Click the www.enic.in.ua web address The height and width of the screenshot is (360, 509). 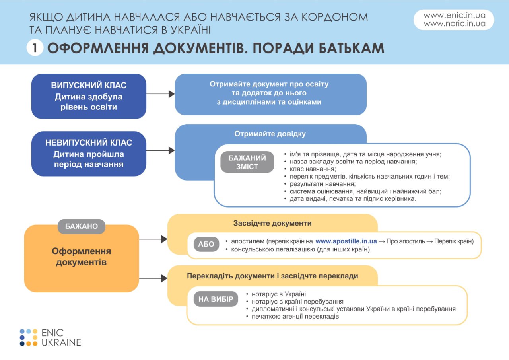tap(455, 15)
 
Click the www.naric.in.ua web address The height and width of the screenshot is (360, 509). tap(455, 23)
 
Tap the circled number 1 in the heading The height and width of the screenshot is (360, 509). tap(35, 48)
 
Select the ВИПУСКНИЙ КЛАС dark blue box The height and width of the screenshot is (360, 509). tap(89, 96)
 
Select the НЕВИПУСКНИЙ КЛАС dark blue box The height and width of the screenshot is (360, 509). tap(89, 154)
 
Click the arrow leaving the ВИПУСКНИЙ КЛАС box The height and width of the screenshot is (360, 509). tap(160, 94)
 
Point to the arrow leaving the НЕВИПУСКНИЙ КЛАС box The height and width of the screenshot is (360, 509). tap(160, 150)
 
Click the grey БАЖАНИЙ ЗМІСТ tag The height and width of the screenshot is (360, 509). tap(247, 162)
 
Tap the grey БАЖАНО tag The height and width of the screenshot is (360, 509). tap(82, 226)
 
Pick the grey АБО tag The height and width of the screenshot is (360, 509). tap(206, 244)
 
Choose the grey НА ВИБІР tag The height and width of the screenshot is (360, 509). tap(216, 299)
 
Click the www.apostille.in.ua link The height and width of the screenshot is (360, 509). tap(346, 241)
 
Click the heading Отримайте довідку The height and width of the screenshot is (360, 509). tap(270, 134)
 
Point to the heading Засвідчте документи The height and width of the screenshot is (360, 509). tap(272, 223)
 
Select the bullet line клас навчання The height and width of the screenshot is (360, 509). tap(310, 169)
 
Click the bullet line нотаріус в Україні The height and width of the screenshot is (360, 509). tap(276, 294)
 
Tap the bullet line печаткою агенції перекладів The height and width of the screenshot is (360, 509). tap(292, 317)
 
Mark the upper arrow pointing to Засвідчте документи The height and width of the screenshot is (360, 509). tap(153, 239)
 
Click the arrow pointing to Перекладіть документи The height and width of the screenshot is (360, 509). tap(153, 278)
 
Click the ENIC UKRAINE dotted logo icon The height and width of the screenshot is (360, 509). tap(29, 337)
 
